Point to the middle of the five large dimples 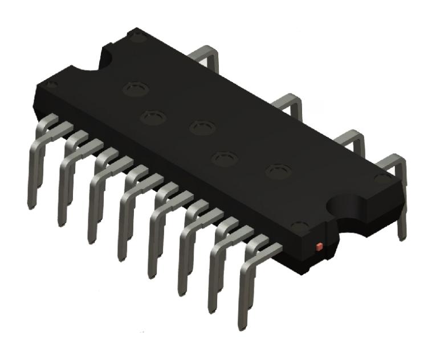(201, 126)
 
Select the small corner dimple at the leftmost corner (52, 85)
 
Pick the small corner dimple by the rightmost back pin (381, 179)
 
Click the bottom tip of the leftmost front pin (31, 204)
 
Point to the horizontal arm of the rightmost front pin (268, 251)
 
